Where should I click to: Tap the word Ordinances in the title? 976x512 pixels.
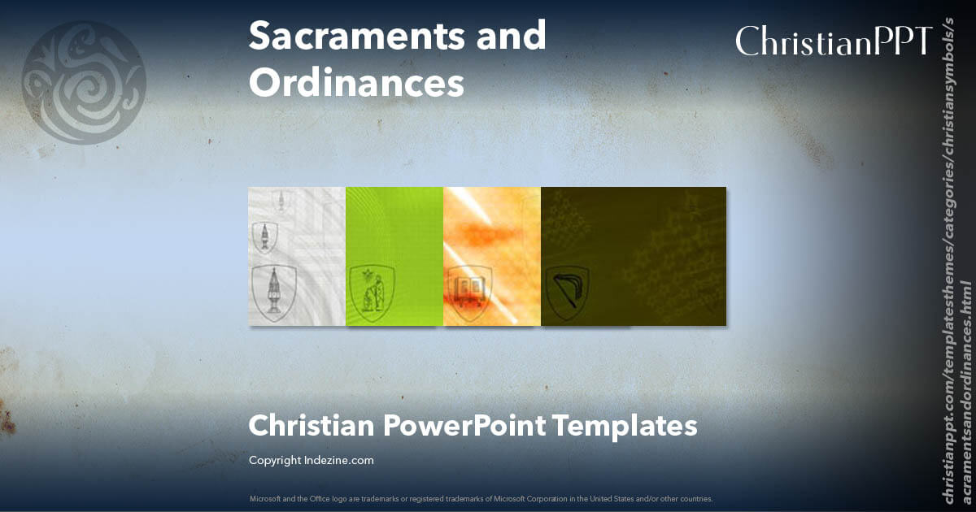pyautogui.click(x=356, y=83)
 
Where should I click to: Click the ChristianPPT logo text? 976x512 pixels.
pyautogui.click(x=833, y=41)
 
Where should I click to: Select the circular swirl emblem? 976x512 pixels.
pyautogui.click(x=83, y=83)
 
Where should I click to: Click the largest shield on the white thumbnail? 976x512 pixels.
pyautogui.click(x=272, y=292)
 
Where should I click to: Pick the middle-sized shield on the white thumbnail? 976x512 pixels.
pyautogui.click(x=264, y=237)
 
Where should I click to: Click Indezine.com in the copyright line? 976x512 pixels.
pyautogui.click(x=339, y=460)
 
